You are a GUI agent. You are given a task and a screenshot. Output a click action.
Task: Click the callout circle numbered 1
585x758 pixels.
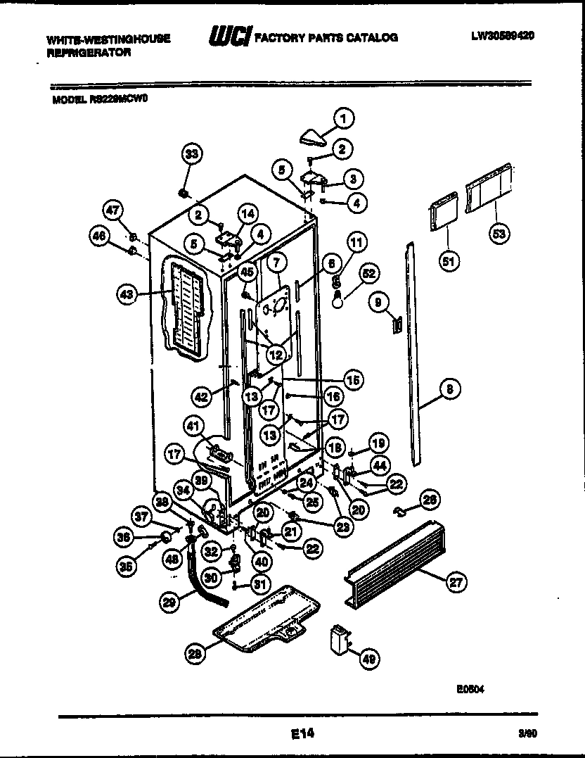(343, 119)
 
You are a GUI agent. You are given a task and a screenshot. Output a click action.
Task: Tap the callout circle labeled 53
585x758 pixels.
(501, 233)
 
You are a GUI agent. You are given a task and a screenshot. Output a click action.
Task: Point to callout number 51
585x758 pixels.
(448, 262)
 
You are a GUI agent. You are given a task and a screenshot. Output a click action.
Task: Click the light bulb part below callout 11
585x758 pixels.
(337, 299)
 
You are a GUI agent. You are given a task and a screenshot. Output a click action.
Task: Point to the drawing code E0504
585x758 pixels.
(470, 690)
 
